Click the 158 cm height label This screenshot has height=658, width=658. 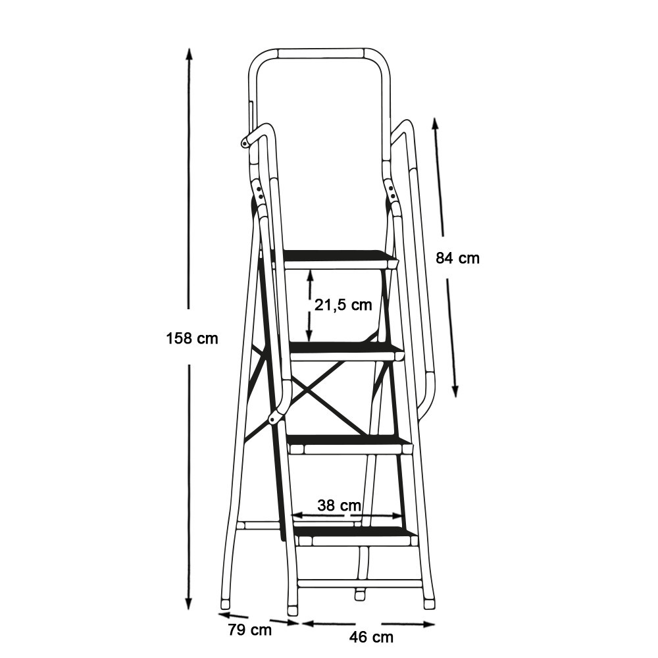coord(192,338)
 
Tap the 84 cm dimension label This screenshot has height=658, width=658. coord(457,258)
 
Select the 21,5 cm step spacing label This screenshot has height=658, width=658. coord(343,305)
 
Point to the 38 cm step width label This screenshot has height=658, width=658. coord(339,505)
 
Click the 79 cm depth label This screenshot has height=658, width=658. coord(250,630)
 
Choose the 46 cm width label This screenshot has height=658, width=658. coord(371,637)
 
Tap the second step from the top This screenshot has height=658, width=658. coord(346,351)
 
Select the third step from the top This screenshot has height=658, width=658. coord(351,445)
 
